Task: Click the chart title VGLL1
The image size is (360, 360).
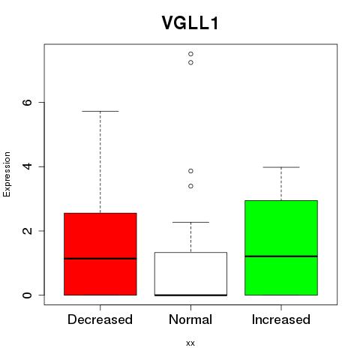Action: (x=190, y=23)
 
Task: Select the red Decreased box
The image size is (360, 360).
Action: (x=100, y=254)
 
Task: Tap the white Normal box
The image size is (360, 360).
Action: (x=190, y=274)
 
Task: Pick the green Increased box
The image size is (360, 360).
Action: (x=281, y=247)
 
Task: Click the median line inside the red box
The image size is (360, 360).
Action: (x=100, y=259)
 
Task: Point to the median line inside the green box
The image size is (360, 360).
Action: (x=281, y=256)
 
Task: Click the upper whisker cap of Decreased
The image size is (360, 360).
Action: (x=100, y=111)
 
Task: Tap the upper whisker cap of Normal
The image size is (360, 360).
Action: (x=190, y=222)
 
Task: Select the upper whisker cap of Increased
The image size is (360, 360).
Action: (x=281, y=167)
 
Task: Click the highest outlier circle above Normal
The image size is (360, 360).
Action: (x=190, y=54)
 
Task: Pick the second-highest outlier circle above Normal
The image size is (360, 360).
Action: (x=190, y=62)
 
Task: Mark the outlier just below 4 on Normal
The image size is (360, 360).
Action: (x=190, y=171)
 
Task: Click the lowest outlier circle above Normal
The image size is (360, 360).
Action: (x=190, y=186)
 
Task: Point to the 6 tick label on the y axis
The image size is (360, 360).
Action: (x=27, y=102)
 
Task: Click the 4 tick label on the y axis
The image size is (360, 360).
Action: (x=27, y=166)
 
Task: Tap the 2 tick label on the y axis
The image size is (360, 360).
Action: (x=27, y=231)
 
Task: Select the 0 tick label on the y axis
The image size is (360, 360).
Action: (x=27, y=295)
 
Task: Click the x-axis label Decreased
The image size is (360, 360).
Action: (x=100, y=319)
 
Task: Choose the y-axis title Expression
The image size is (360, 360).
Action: (x=7, y=174)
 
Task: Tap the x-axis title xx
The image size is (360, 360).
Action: (x=190, y=343)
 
